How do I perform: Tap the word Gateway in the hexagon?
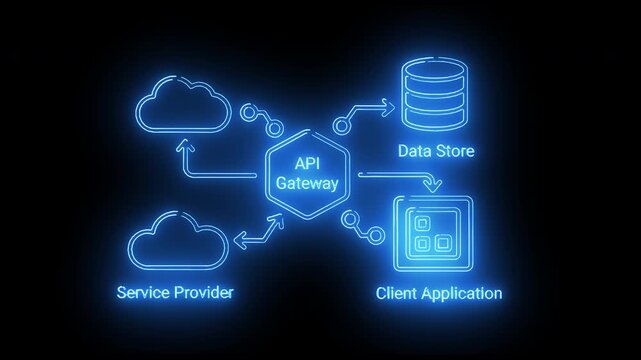(308, 184)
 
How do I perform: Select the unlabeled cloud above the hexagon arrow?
(181, 104)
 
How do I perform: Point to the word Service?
(140, 293)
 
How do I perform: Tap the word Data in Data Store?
(415, 152)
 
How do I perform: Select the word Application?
(463, 294)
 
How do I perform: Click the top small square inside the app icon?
(422, 222)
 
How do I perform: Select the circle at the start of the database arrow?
(342, 124)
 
